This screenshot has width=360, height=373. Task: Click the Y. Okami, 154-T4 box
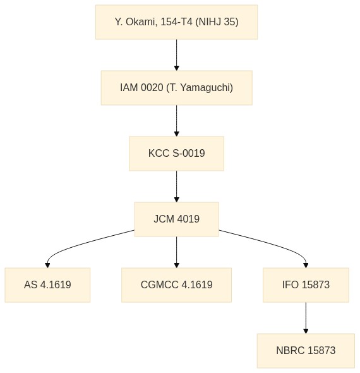click(x=177, y=22)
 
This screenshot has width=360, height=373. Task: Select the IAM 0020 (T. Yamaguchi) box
click(x=177, y=88)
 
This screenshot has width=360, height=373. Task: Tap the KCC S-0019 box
click(x=177, y=154)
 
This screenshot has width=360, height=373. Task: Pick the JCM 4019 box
click(x=177, y=219)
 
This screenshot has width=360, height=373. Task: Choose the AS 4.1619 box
click(x=47, y=285)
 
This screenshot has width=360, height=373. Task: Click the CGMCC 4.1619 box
click(x=177, y=285)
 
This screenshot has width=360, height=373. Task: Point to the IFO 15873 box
click(x=306, y=285)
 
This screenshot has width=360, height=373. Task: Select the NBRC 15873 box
click(x=306, y=351)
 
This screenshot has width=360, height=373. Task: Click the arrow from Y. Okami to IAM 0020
click(x=177, y=55)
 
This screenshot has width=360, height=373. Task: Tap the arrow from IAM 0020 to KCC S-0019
click(x=177, y=121)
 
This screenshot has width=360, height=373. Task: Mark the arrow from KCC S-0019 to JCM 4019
click(x=177, y=186)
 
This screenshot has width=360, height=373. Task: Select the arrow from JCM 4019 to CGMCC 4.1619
click(x=177, y=252)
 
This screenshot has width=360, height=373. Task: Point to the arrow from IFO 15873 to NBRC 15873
click(x=306, y=318)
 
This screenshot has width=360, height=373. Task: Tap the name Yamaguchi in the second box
click(x=204, y=88)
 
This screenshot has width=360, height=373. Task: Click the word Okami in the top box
click(x=140, y=22)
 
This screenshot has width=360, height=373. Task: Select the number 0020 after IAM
click(x=152, y=87)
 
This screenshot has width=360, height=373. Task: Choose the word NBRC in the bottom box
click(x=291, y=351)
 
